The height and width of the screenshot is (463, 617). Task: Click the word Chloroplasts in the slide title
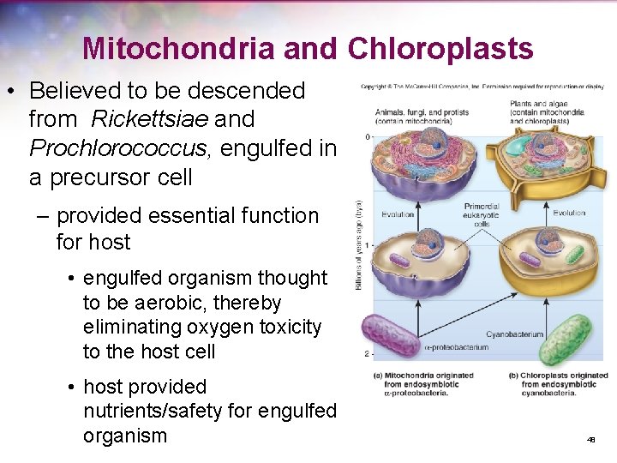coord(440,49)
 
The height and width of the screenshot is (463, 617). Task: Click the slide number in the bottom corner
coord(590,440)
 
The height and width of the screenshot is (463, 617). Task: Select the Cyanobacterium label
coord(514,334)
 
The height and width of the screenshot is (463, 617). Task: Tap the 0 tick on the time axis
coord(366,137)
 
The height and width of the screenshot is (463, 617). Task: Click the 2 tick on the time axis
coord(366,353)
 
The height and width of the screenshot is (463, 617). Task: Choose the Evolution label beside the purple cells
coord(398,213)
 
